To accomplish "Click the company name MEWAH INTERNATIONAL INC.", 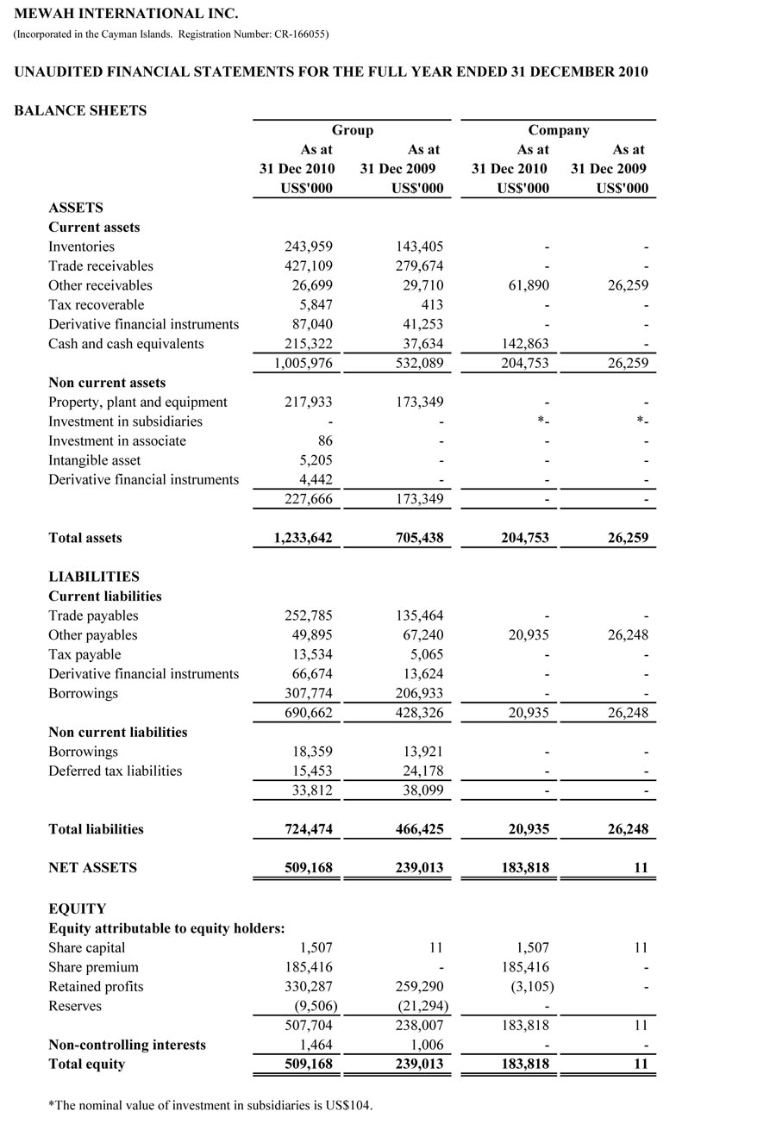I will coord(126,14).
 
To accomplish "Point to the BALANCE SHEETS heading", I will coord(80,110).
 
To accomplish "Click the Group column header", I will coord(353,130).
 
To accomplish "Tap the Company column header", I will coord(559,130).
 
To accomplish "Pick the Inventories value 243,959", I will coord(309,247).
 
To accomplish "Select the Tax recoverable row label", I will coord(97,305).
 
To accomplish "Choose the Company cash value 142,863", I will coord(524,344).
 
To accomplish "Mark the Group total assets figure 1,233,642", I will coord(303,538).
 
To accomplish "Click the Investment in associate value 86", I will coord(325,441).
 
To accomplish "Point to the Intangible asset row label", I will coord(95,460).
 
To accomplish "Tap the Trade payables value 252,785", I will coord(309,615).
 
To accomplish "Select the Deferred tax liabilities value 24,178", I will coord(421,771).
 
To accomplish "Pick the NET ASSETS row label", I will coord(92,868).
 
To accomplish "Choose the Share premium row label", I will coord(93,967).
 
